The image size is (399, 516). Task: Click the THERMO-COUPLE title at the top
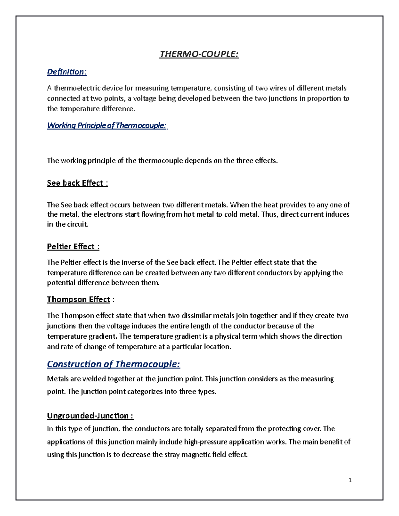tap(199, 54)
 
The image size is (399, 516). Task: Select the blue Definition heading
tap(67, 72)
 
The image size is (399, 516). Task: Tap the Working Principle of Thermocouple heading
tap(107, 125)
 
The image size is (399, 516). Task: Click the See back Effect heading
tap(77, 183)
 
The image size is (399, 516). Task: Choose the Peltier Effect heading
tap(73, 246)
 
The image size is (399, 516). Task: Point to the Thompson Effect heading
tap(78, 299)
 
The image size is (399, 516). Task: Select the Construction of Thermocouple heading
tap(113, 364)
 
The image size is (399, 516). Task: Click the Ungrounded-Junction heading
tap(90, 416)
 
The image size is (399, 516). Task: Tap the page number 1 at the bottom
tap(350, 480)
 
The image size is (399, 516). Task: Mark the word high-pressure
tap(205, 442)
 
